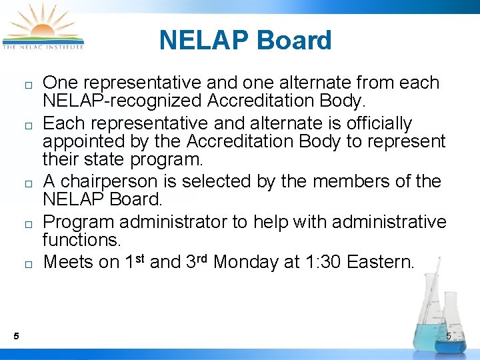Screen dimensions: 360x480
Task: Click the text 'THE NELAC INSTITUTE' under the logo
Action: [x=43, y=47]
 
